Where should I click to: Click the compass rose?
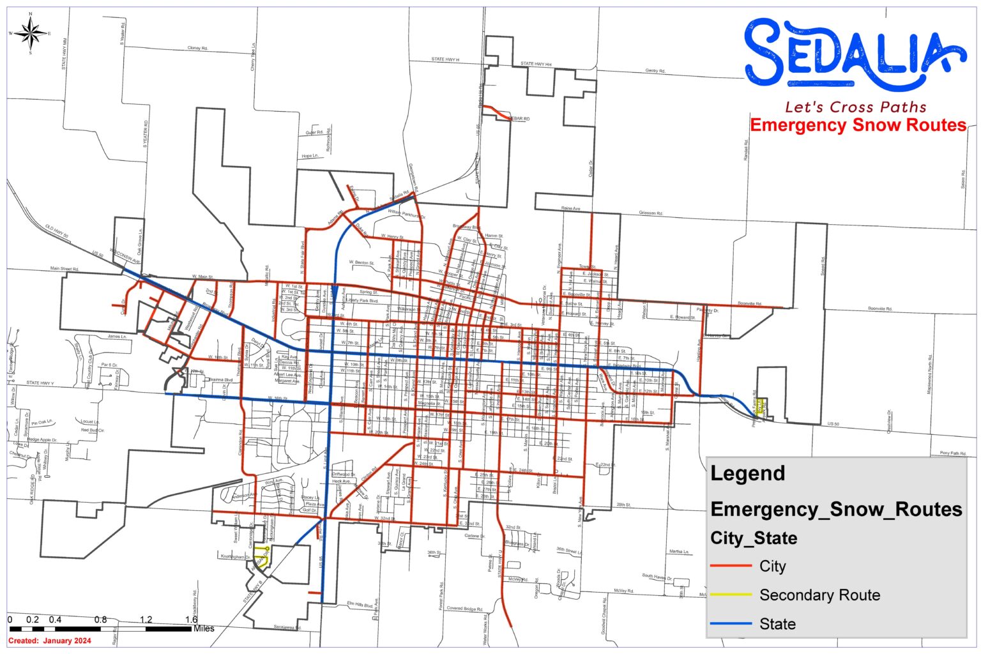tap(31, 33)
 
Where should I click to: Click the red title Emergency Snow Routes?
tap(858, 125)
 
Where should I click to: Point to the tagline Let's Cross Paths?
tap(855, 107)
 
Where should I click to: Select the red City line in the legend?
tap(731, 566)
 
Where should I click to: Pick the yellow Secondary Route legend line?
tap(731, 595)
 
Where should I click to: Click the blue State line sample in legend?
tap(731, 623)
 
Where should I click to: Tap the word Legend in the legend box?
tap(747, 473)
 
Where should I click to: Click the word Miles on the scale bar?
tap(204, 628)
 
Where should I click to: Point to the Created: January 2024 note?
tap(50, 641)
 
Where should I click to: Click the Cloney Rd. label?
tap(197, 48)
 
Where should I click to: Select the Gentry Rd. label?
tap(655, 71)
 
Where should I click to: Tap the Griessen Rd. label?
tap(651, 213)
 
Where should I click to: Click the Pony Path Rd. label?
tap(953, 453)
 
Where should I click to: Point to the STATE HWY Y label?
tap(40, 383)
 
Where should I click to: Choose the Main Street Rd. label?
tap(65, 269)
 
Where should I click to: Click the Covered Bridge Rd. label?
tap(464, 609)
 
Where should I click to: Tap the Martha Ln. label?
tap(679, 551)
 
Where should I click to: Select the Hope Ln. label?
tap(310, 156)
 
